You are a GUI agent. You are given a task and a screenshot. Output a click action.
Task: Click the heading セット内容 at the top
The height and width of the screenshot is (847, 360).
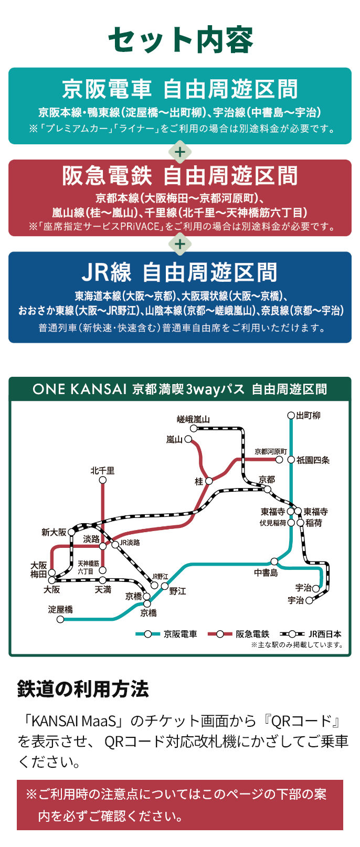click(180, 40)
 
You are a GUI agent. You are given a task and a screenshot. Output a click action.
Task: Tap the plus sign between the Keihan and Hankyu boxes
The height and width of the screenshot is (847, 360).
click(180, 152)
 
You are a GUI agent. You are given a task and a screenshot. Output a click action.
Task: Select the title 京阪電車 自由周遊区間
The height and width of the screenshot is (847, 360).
click(180, 89)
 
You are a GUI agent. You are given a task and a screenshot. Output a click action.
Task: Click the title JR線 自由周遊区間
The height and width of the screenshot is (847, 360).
click(180, 273)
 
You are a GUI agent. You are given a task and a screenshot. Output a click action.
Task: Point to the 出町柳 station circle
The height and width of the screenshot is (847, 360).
click(291, 416)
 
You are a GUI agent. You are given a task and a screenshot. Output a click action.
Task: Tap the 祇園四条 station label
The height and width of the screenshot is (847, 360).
click(313, 460)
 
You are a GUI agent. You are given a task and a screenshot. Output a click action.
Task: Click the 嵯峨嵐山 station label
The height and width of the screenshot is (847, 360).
click(193, 419)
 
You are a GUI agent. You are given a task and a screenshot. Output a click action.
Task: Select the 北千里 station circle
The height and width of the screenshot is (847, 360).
click(103, 480)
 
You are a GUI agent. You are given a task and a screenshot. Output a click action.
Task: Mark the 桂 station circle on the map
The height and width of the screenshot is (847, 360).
click(209, 481)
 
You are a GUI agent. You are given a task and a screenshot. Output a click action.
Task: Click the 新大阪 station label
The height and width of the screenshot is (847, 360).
click(54, 532)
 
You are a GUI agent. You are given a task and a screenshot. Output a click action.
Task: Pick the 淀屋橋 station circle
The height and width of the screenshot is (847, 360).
click(60, 619)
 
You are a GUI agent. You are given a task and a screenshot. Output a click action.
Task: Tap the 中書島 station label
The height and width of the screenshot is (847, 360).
click(266, 573)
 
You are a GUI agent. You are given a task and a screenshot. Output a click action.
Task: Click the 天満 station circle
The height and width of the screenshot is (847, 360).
click(103, 580)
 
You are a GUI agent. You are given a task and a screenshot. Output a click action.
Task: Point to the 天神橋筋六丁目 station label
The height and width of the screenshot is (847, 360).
click(88, 567)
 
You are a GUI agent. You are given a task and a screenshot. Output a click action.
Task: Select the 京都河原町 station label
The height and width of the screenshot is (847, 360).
click(271, 451)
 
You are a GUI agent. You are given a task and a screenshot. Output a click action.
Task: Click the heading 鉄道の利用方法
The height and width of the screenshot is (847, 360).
click(83, 689)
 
